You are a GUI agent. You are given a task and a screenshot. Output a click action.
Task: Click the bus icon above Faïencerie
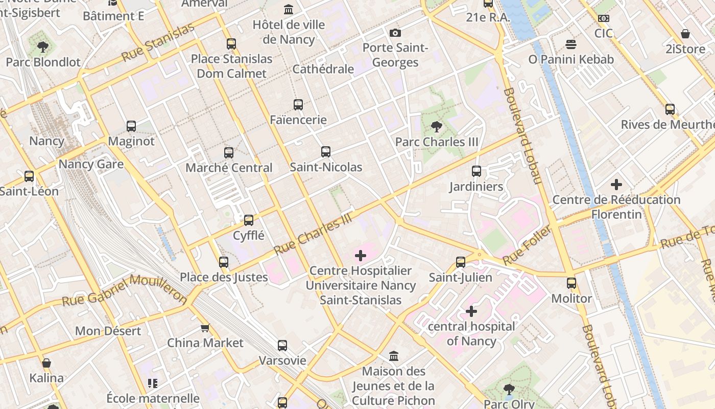click(298, 105)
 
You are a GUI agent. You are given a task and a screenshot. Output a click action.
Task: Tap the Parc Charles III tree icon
click(436, 126)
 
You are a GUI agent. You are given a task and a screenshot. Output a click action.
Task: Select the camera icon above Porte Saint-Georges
click(395, 33)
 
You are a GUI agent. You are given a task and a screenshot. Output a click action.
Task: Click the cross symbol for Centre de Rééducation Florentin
click(616, 184)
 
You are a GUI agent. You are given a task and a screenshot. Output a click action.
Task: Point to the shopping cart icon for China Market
click(205, 328)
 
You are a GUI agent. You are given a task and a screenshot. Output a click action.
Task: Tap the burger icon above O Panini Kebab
click(571, 44)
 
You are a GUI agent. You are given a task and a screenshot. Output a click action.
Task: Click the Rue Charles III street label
click(314, 234)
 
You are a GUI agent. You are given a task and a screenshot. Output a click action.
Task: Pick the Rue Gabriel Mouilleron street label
click(125, 290)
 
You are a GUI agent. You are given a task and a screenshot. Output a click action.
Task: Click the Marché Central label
click(229, 168)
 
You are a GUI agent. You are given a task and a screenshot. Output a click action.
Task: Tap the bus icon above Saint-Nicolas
click(326, 152)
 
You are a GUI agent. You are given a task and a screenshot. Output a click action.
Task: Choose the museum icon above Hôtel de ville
click(289, 10)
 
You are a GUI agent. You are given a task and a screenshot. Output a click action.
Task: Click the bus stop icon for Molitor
click(571, 283)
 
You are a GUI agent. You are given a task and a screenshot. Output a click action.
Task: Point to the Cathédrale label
click(323, 69)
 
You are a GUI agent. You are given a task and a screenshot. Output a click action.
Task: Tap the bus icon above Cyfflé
click(249, 220)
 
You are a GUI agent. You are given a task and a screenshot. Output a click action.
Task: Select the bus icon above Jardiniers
click(476, 171)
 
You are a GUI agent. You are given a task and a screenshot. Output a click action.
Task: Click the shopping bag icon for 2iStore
click(685, 34)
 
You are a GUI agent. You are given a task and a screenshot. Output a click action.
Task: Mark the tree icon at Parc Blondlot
click(43, 47)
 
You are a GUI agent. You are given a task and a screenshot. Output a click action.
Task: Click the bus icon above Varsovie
click(282, 346)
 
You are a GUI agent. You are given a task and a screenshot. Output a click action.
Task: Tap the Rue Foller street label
click(527, 246)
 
